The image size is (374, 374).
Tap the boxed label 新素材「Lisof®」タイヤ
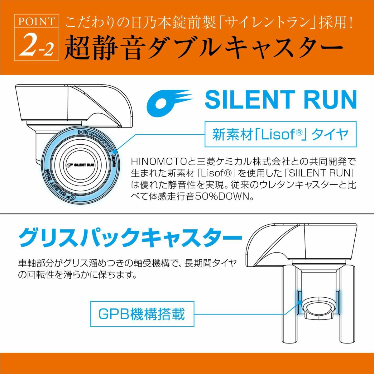[280, 134]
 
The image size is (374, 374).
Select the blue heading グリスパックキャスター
[130, 238]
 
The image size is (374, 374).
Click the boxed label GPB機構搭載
[142, 314]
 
